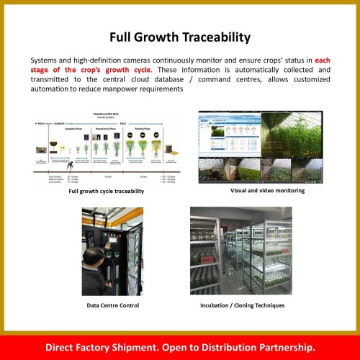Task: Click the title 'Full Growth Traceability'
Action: (179, 37)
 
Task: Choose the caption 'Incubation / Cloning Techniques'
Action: (242, 305)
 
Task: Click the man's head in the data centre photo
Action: (95, 254)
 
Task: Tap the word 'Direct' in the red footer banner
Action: (63, 347)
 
